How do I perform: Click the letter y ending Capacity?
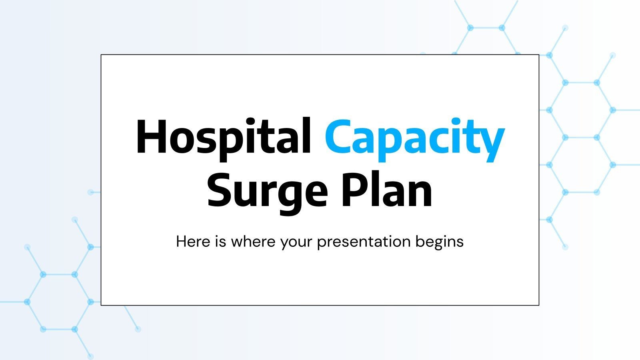490,142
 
